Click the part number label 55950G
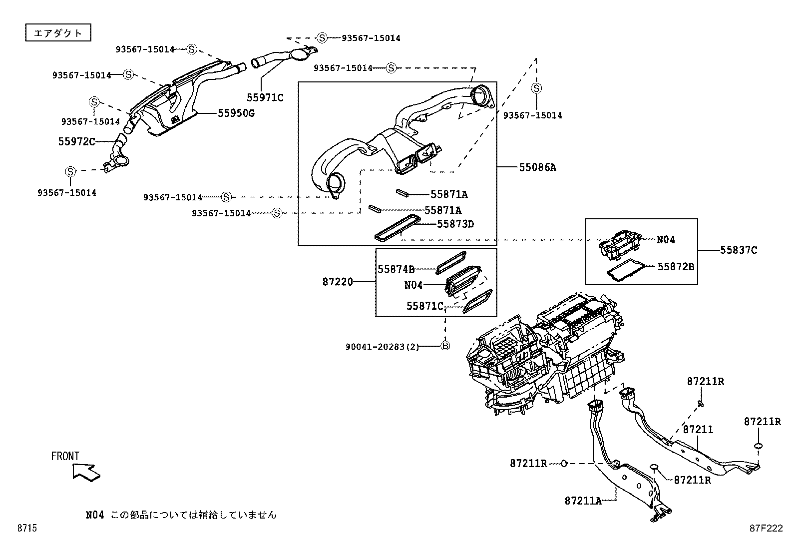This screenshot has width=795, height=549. pyautogui.click(x=236, y=113)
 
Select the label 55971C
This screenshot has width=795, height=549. pyautogui.click(x=265, y=98)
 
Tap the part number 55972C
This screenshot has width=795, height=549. pyautogui.click(x=76, y=142)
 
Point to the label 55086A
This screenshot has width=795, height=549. pyautogui.click(x=537, y=167)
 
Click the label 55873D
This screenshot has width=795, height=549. pyautogui.click(x=455, y=224)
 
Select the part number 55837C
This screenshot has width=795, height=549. pyautogui.click(x=738, y=250)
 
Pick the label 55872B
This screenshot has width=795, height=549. pyautogui.click(x=675, y=267)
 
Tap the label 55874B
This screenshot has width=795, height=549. pyautogui.click(x=396, y=269)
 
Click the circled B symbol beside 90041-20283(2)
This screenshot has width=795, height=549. pyautogui.click(x=445, y=346)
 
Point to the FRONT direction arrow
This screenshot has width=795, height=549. pyautogui.click(x=85, y=472)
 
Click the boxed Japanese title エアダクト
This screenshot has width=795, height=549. pyautogui.click(x=58, y=33)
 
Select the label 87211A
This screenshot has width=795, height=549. pyautogui.click(x=583, y=501)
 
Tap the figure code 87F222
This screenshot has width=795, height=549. pyautogui.click(x=766, y=528)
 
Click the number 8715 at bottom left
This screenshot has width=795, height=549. pyautogui.click(x=27, y=528)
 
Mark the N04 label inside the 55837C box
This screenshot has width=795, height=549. pyautogui.click(x=666, y=240)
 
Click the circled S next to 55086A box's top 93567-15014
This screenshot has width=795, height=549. pyautogui.click(x=391, y=68)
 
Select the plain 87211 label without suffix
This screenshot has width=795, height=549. pyautogui.click(x=698, y=430)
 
